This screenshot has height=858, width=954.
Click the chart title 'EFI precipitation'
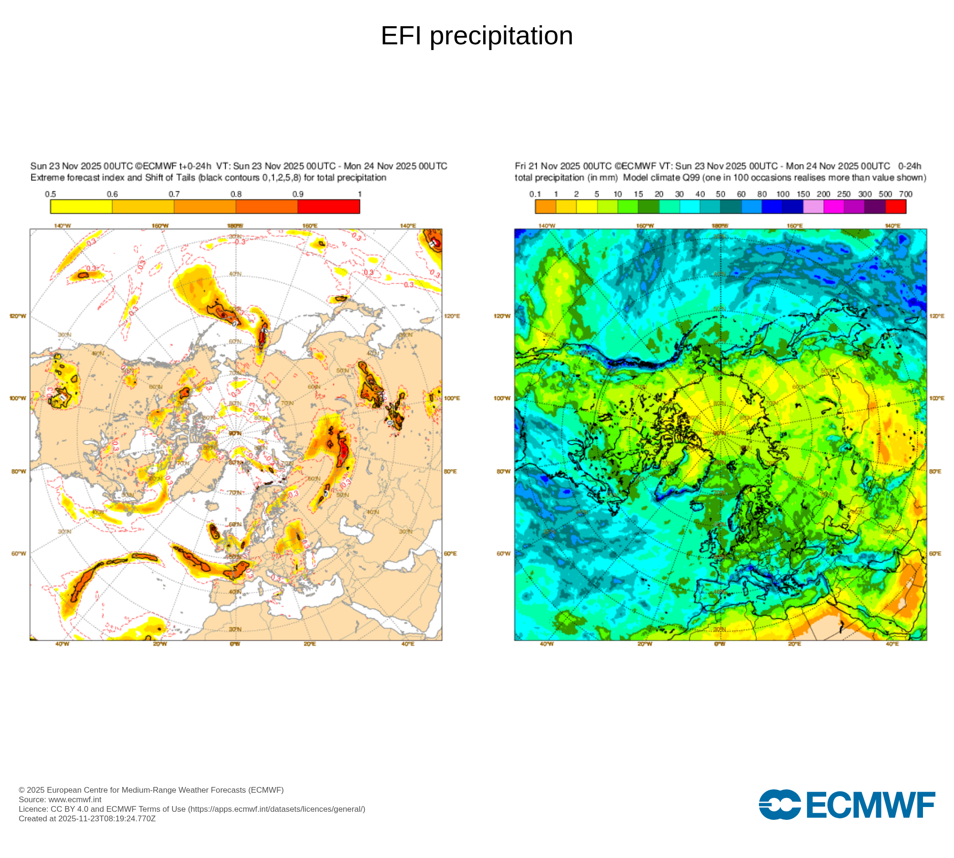(x=477, y=36)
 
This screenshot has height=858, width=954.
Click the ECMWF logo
(x=847, y=805)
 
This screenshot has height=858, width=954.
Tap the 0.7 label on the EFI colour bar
(x=174, y=194)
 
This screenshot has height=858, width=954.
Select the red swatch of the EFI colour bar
(x=329, y=206)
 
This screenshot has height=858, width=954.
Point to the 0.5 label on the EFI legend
(x=51, y=194)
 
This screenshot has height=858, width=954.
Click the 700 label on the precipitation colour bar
(x=905, y=194)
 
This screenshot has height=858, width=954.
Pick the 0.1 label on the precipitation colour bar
(x=535, y=194)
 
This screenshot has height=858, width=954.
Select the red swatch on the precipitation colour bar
(x=895, y=206)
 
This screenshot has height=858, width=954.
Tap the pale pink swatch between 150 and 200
(x=813, y=206)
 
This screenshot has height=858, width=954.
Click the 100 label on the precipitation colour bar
(x=783, y=194)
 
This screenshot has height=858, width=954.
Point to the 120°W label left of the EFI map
(x=18, y=316)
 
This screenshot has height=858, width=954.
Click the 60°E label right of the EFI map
(x=450, y=553)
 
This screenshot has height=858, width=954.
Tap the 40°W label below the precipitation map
(x=547, y=644)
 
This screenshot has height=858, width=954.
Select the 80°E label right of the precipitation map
(x=935, y=471)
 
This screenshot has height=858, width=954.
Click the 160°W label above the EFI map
(x=160, y=225)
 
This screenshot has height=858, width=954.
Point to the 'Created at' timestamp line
(x=87, y=818)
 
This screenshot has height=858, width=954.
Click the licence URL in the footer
(x=276, y=809)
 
